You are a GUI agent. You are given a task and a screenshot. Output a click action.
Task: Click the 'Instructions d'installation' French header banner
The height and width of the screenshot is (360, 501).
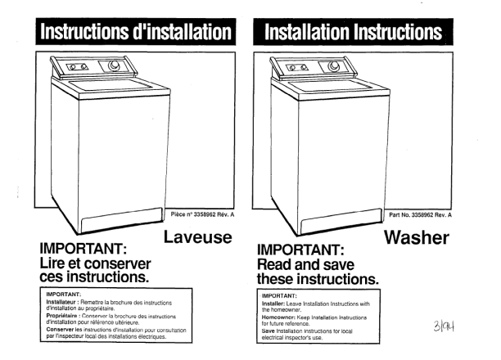click(x=136, y=32)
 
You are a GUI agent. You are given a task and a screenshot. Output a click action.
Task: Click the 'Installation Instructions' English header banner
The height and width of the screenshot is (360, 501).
click(x=354, y=32)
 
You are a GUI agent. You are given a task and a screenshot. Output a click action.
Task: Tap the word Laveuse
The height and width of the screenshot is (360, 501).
click(x=198, y=237)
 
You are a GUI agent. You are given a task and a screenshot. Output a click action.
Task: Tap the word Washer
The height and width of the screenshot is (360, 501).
click(x=417, y=237)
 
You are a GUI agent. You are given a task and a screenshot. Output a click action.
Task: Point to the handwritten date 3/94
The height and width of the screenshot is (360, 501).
click(x=444, y=326)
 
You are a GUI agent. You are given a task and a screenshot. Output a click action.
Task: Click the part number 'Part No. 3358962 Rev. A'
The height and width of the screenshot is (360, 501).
click(x=421, y=215)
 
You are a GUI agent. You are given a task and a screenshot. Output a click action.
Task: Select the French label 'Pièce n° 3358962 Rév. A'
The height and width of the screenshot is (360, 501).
click(x=202, y=214)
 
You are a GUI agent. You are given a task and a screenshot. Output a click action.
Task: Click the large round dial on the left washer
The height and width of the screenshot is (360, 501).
click(x=114, y=65)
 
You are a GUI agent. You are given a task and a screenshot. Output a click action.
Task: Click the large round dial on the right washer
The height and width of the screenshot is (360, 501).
click(x=333, y=65)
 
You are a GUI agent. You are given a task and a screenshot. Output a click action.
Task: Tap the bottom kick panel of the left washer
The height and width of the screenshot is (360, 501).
click(x=122, y=220)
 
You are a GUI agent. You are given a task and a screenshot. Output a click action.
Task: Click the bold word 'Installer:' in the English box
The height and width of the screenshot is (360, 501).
click(x=273, y=304)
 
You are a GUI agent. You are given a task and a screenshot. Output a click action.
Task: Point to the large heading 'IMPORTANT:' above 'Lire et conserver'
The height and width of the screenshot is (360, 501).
click(x=83, y=249)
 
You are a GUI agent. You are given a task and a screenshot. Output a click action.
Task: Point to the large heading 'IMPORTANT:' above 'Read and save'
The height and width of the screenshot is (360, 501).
click(x=300, y=250)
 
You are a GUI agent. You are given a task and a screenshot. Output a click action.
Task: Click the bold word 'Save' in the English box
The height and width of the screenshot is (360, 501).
click(x=268, y=331)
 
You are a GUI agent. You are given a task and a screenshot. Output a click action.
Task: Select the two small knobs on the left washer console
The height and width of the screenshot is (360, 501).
click(x=78, y=67)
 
